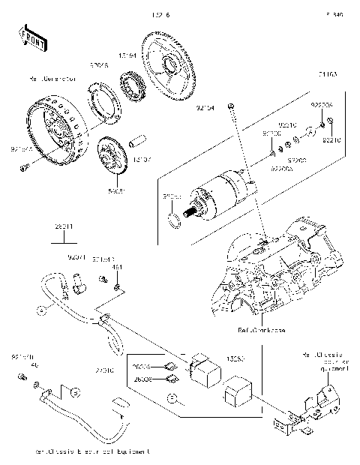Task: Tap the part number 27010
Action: pos(104,370)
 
